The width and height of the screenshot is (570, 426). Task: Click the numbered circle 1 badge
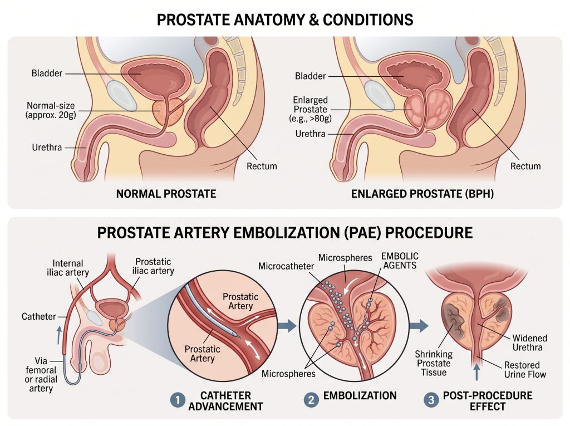point(178,400)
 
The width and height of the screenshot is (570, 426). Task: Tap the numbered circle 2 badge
point(311,400)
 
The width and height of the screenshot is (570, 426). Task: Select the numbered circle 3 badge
point(431,400)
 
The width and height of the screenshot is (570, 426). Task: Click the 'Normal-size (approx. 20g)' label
point(51,111)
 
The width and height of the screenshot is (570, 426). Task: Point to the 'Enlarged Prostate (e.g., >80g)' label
point(311,109)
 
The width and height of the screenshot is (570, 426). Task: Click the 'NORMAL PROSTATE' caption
point(166,194)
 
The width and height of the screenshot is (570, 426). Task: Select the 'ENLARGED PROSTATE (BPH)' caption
point(422,194)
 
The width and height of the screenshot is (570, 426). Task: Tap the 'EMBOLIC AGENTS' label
point(400,261)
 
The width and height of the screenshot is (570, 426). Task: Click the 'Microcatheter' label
point(286,266)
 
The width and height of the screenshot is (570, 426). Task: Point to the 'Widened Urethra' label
point(530,342)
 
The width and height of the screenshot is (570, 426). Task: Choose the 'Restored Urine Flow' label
point(525,370)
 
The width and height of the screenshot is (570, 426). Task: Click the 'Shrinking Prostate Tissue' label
point(434,363)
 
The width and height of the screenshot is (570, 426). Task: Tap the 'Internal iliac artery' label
point(68,268)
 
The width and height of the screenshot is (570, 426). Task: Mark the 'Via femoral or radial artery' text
point(41,375)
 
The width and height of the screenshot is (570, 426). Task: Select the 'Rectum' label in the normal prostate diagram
point(262,167)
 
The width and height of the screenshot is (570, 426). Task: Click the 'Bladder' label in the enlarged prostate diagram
point(311,76)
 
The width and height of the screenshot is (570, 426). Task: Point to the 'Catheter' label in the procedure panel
point(38,316)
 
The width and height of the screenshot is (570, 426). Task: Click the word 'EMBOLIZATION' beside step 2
point(360,396)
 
